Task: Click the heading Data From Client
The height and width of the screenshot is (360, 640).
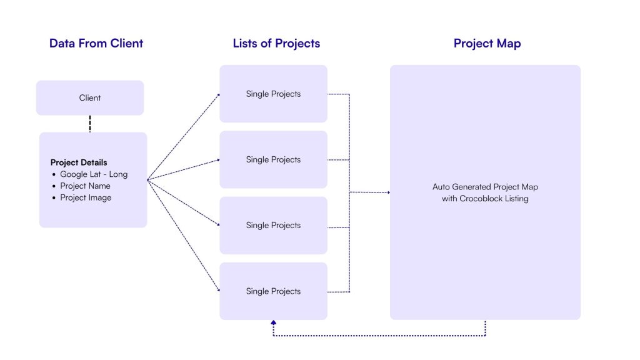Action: pyautogui.click(x=96, y=43)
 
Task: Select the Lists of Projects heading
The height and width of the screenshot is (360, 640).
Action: pyautogui.click(x=276, y=43)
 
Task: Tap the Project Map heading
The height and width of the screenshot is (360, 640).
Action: pyautogui.click(x=487, y=43)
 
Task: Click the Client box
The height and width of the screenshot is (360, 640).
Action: pyautogui.click(x=90, y=97)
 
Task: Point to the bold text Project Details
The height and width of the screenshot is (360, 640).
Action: pyautogui.click(x=79, y=162)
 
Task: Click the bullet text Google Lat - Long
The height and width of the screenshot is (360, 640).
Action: pyautogui.click(x=94, y=174)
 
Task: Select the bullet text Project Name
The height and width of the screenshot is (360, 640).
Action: pyautogui.click(x=85, y=186)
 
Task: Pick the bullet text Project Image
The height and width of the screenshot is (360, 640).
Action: pyautogui.click(x=86, y=197)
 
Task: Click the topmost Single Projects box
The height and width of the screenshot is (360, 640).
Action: pyautogui.click(x=273, y=94)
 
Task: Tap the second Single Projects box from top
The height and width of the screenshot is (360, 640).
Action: pyautogui.click(x=273, y=159)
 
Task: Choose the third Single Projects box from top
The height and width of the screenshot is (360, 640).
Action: pyautogui.click(x=273, y=225)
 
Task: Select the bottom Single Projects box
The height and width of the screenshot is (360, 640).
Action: pyautogui.click(x=273, y=291)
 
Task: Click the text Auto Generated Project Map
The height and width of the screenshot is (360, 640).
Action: pyautogui.click(x=485, y=187)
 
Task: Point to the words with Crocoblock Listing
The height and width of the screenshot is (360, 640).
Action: pyautogui.click(x=485, y=198)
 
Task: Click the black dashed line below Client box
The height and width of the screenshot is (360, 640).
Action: pyautogui.click(x=90, y=124)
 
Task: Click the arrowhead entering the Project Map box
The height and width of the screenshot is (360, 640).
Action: pyautogui.click(x=388, y=192)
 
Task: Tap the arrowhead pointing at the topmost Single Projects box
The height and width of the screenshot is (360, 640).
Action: pyautogui.click(x=218, y=95)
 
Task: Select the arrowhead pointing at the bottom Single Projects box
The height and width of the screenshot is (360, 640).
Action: pyautogui.click(x=218, y=290)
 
